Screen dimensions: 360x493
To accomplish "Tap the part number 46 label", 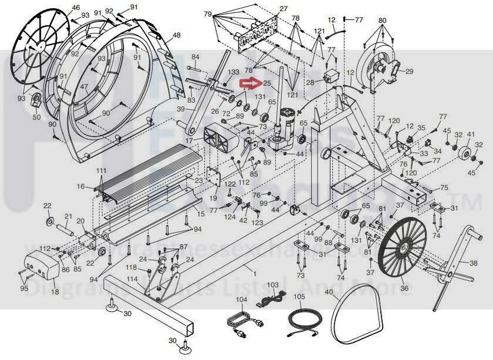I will [x=75, y=8].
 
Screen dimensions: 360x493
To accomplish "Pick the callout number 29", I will [x=409, y=72].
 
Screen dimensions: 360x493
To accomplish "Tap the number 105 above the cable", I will [x=299, y=297].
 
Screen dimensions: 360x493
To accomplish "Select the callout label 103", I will [x=272, y=284].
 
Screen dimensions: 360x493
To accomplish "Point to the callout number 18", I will [x=55, y=291].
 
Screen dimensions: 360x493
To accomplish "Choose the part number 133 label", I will [x=234, y=72].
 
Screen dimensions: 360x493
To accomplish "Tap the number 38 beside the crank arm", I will [x=474, y=264].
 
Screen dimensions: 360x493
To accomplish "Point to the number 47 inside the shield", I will [x=84, y=87].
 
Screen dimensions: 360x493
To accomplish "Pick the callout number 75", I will [x=444, y=187].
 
